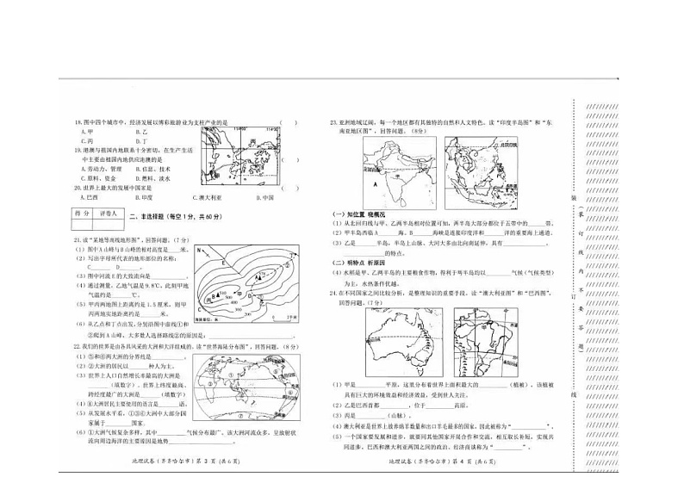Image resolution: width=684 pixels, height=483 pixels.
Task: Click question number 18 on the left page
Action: tap(77, 122)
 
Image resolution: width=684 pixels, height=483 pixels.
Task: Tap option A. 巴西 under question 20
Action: tap(86, 197)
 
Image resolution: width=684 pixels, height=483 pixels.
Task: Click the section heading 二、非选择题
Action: tap(151, 215)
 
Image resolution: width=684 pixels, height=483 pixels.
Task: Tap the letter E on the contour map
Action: tap(226, 257)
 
